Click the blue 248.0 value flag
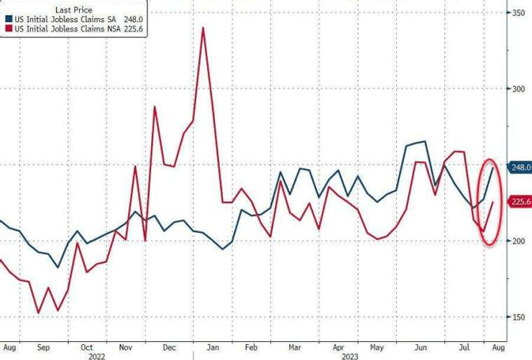tap(520, 167)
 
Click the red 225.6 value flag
tap(520, 202)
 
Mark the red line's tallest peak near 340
tap(203, 28)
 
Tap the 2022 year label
tap(96, 354)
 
